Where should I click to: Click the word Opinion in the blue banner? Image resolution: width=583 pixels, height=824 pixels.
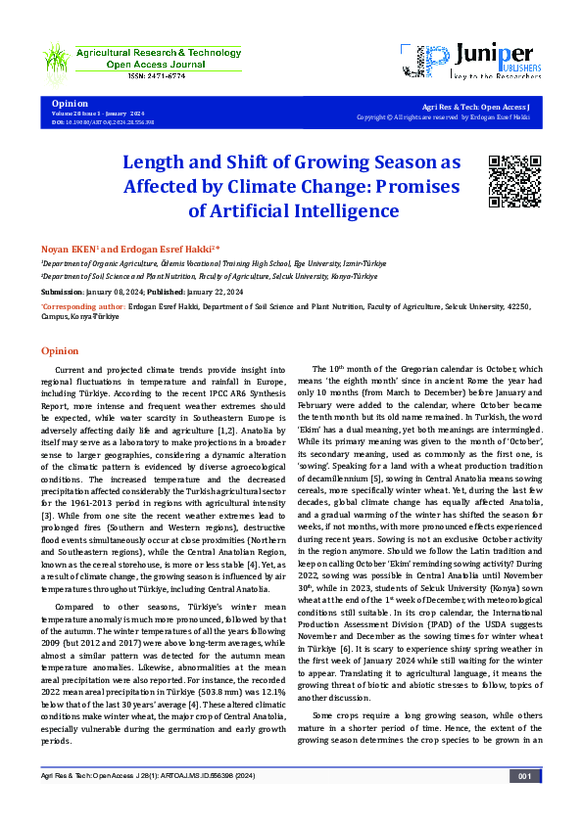(70, 103)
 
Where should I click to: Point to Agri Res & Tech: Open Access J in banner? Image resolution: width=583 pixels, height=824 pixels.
(475, 106)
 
